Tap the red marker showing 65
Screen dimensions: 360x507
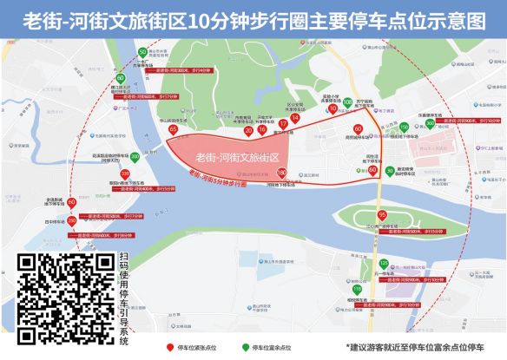[x=173, y=130]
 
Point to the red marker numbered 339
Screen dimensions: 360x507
[x=125, y=175]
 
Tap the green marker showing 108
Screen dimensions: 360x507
[x=348, y=103]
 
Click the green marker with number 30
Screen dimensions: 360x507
[x=390, y=171]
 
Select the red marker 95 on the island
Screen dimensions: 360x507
[x=382, y=215]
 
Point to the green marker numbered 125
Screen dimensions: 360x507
[x=384, y=264]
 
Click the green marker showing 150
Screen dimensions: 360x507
[x=404, y=128]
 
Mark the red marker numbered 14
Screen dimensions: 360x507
[x=295, y=119]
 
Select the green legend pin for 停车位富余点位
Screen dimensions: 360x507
[x=246, y=347]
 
